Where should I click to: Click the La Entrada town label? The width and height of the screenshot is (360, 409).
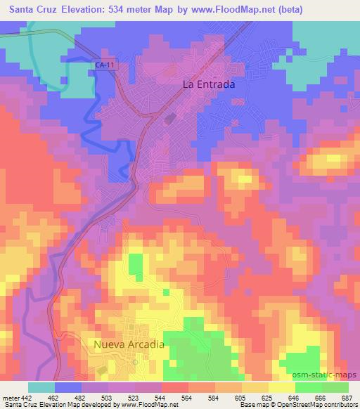click(x=208, y=84)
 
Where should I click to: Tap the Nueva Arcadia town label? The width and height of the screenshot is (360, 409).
click(x=129, y=344)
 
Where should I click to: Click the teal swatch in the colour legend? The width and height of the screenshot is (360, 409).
click(x=41, y=387)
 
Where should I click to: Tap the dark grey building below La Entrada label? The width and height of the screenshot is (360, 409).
click(x=169, y=120)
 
